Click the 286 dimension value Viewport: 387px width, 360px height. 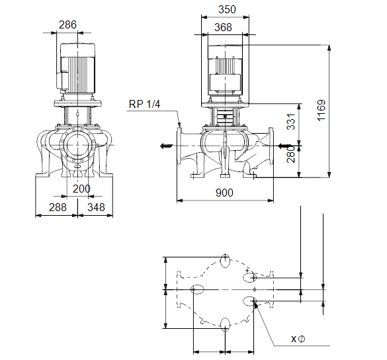click(x=67, y=24)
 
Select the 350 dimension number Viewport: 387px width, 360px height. click(x=227, y=9)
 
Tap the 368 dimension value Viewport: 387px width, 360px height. click(x=223, y=27)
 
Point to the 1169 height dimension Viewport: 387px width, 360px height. click(x=321, y=110)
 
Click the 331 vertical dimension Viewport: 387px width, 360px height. click(x=290, y=122)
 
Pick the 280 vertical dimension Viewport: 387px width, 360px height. click(x=290, y=154)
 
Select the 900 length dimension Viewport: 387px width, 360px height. click(x=224, y=193)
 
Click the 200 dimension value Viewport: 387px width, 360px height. click(x=81, y=189)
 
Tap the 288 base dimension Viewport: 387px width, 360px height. click(x=58, y=207)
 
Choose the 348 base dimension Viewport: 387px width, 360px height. click(x=96, y=207)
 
